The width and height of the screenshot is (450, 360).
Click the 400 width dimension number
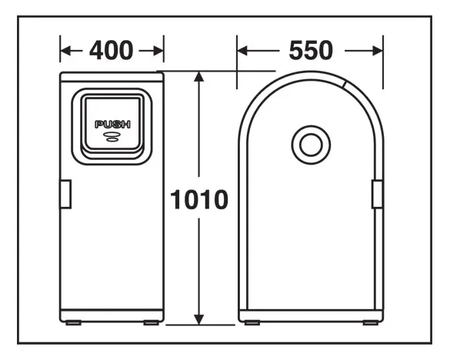(x=112, y=51)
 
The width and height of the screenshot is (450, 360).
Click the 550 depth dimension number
(x=311, y=51)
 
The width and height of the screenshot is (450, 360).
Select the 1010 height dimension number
(x=199, y=199)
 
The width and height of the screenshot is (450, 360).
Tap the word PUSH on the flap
(x=112, y=125)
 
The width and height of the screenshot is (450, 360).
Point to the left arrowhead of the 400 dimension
(x=66, y=51)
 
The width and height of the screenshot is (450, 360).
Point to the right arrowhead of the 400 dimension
(x=158, y=51)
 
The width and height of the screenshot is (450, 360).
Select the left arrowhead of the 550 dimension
(x=243, y=51)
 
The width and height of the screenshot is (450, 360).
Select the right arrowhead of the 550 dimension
(x=377, y=51)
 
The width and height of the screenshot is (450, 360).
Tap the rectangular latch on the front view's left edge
(x=65, y=194)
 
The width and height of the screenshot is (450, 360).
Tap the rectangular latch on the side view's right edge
(x=377, y=194)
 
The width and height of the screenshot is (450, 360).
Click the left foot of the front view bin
(x=74, y=322)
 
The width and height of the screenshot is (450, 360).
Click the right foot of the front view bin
(x=152, y=322)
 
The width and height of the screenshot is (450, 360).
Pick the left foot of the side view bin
(x=252, y=322)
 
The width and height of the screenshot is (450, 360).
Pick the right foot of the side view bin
(x=371, y=322)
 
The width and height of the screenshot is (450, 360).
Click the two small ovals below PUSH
(x=112, y=137)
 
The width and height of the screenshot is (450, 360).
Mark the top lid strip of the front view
(x=112, y=77)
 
